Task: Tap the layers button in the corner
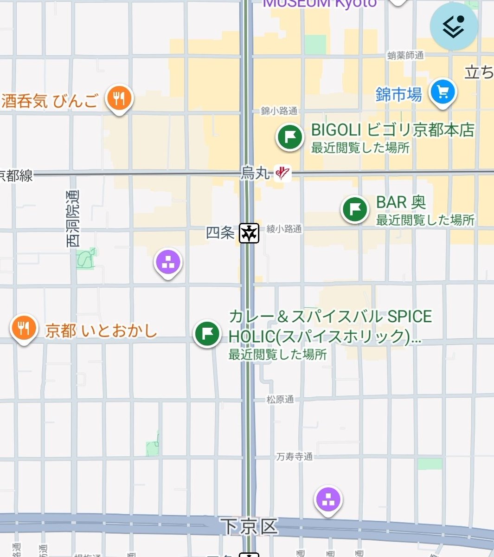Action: pyautogui.click(x=453, y=26)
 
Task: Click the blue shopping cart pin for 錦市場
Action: pyautogui.click(x=442, y=92)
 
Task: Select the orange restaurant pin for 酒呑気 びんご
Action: pyautogui.click(x=119, y=98)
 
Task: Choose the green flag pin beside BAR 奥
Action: pyautogui.click(x=355, y=208)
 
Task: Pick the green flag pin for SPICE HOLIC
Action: pyautogui.click(x=207, y=333)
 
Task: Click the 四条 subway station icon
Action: pyautogui.click(x=249, y=233)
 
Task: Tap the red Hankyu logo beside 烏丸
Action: pyautogui.click(x=282, y=173)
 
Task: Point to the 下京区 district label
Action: pyautogui.click(x=249, y=527)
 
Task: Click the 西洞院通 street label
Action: pyautogui.click(x=72, y=218)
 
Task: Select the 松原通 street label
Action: pyautogui.click(x=280, y=399)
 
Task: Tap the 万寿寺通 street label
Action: pyautogui.click(x=295, y=457)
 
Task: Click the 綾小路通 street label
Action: pyautogui.click(x=284, y=229)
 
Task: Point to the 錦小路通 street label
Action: pyautogui.click(x=279, y=110)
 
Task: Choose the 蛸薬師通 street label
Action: pyautogui.click(x=405, y=55)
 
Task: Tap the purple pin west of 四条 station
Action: pyautogui.click(x=168, y=263)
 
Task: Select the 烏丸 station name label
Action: pyautogui.click(x=255, y=173)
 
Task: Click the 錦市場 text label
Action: pyautogui.click(x=398, y=95)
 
